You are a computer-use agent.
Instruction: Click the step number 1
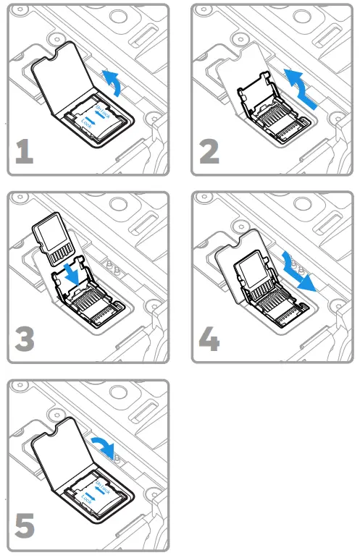click(x=25, y=152)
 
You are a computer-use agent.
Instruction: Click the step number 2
click(x=209, y=152)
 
